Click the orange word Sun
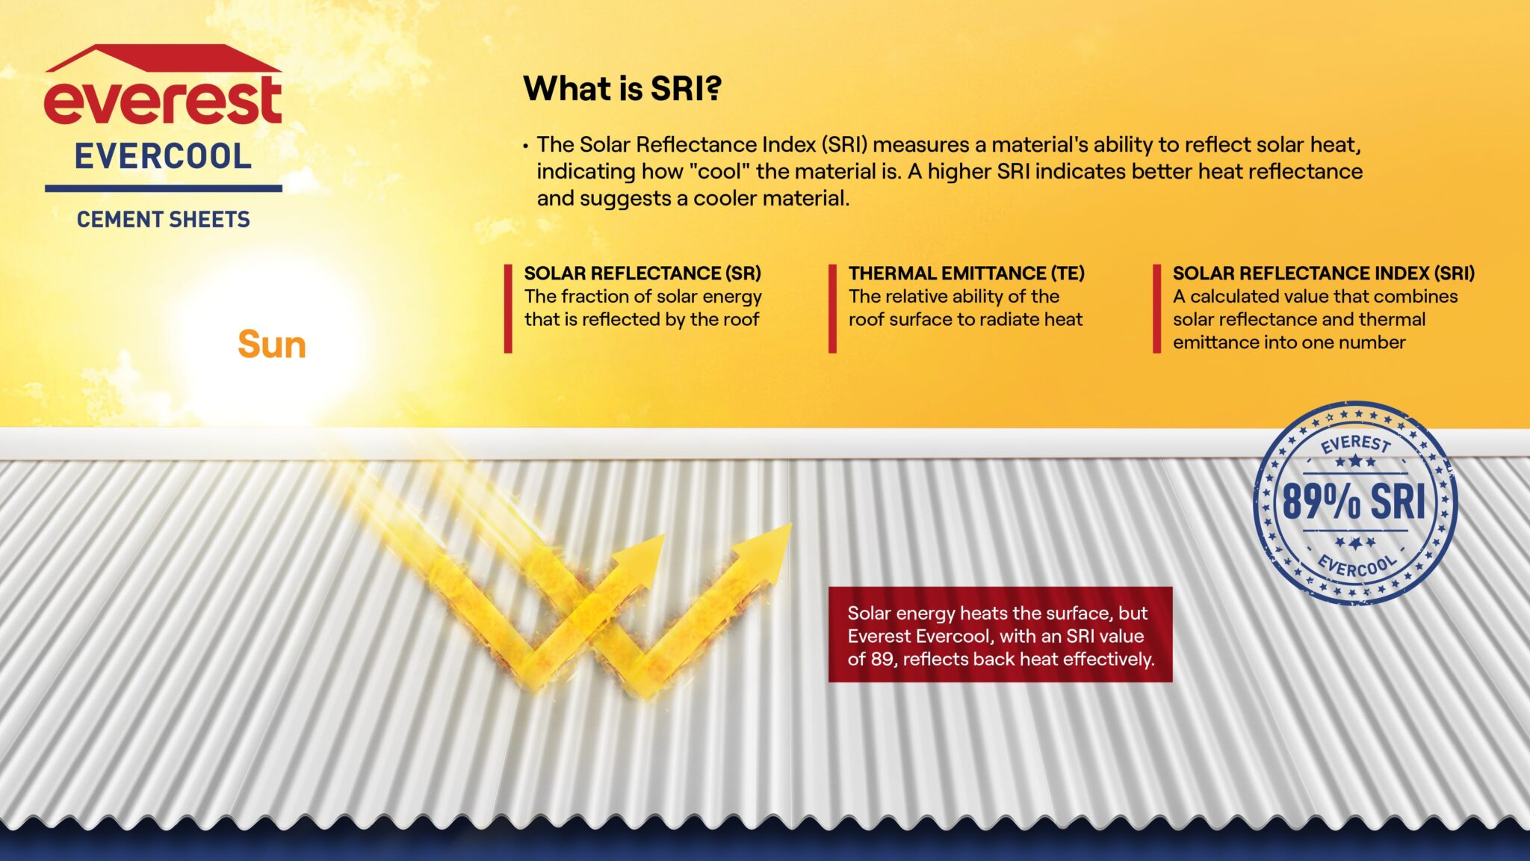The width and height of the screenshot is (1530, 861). pos(272,345)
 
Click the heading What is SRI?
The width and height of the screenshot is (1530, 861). pos(622,89)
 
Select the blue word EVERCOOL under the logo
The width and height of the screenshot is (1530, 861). pos(163,157)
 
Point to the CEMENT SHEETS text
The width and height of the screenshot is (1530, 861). pos(163,220)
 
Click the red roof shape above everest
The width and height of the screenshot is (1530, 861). pos(163,58)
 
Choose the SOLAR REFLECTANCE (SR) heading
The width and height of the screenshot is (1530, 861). pos(642,274)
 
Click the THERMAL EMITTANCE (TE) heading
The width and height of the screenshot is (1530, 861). pos(966,274)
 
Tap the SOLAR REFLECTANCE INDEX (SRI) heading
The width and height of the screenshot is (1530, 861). pos(1323,274)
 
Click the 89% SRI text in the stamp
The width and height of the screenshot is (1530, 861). pos(1354,502)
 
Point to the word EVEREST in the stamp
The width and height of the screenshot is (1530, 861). pos(1355,444)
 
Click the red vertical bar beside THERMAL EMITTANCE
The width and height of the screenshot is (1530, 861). pos(832,308)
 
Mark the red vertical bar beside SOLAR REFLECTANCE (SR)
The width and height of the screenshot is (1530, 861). pos(508,308)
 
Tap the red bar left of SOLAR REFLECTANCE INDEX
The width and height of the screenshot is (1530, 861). pos(1156,308)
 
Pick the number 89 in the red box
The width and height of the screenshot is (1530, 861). pos(881,659)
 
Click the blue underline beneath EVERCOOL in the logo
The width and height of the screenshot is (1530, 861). pos(163,188)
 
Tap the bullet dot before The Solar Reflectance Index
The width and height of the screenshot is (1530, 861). pos(526,146)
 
